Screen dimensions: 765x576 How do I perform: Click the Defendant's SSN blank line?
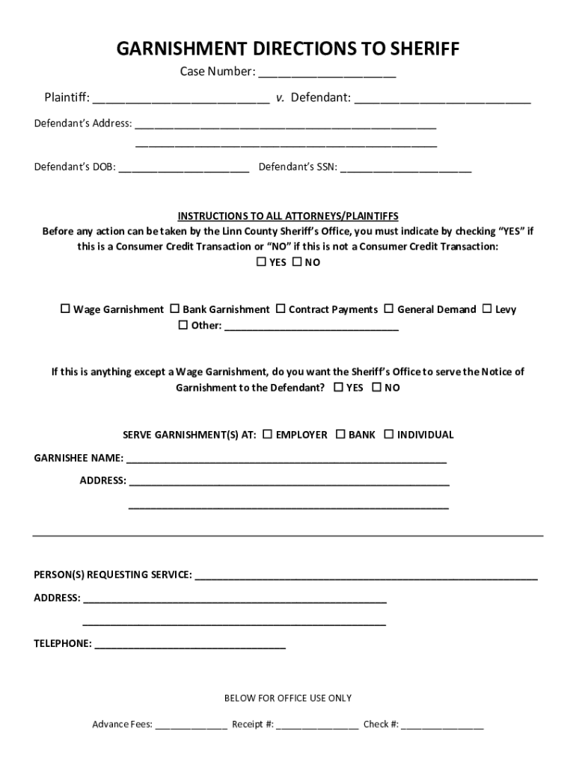click(x=405, y=167)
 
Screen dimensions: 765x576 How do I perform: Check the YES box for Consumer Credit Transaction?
click(x=261, y=262)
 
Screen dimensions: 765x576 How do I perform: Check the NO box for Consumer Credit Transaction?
click(x=296, y=262)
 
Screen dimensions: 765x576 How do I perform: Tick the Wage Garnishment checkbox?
click(x=65, y=309)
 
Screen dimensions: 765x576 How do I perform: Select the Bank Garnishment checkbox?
click(x=175, y=309)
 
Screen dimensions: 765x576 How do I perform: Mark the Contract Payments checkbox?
click(x=281, y=309)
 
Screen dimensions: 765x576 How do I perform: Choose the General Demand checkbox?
click(x=389, y=309)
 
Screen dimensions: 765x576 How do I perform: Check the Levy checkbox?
click(x=487, y=309)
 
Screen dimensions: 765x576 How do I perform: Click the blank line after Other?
click(x=311, y=326)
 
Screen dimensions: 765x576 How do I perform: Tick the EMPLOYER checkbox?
click(x=268, y=434)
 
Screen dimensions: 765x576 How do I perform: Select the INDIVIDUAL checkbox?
click(x=388, y=434)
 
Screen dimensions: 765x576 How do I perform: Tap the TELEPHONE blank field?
click(x=190, y=644)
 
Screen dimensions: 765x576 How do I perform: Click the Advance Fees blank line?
click(x=192, y=725)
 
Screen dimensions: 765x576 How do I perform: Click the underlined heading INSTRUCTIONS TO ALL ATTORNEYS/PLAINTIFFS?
click(x=288, y=216)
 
